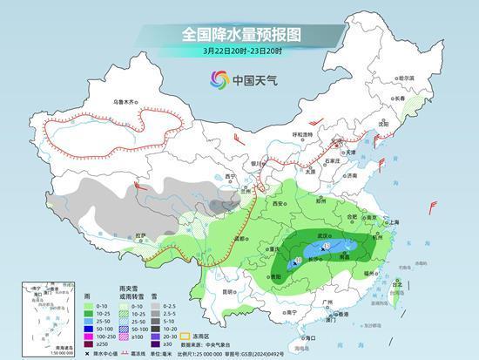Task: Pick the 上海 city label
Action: click(x=390, y=222)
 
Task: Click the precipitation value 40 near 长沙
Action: click(x=300, y=260)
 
